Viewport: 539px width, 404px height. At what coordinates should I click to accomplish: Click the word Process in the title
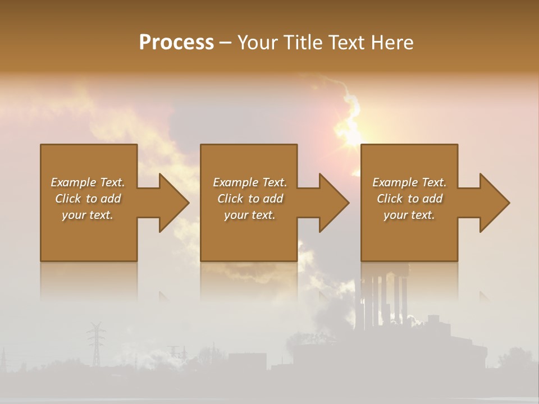click(176, 43)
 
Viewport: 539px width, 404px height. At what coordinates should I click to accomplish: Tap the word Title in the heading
click(304, 43)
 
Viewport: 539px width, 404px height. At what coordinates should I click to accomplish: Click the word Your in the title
click(258, 43)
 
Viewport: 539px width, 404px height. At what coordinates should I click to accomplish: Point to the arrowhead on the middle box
click(333, 203)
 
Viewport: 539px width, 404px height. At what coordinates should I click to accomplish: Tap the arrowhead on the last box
click(494, 203)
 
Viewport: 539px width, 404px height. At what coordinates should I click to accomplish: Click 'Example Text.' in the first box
click(88, 182)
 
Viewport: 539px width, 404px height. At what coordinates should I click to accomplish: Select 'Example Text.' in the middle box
click(250, 182)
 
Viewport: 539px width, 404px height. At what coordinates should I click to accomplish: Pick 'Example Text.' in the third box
click(409, 182)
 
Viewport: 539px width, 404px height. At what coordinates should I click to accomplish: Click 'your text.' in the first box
click(88, 215)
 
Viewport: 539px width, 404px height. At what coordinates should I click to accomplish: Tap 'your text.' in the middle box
click(250, 215)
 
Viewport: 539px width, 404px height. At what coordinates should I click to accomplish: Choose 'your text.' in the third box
click(409, 215)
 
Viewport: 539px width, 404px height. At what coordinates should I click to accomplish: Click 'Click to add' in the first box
click(88, 199)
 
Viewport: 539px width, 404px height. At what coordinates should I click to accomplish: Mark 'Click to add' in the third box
click(409, 199)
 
